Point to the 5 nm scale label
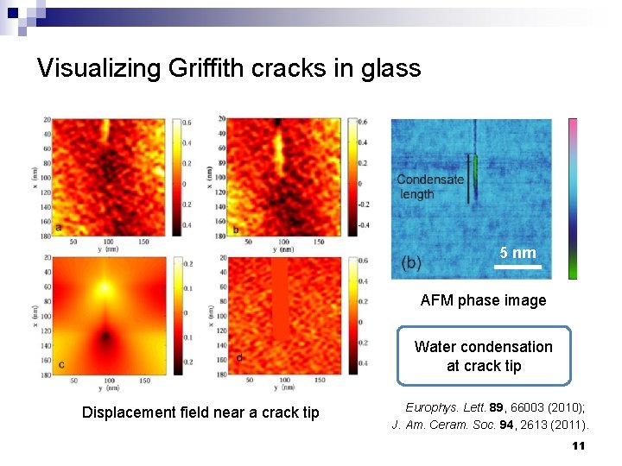[x=518, y=253]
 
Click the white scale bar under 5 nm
[x=518, y=268]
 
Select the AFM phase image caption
[x=483, y=300]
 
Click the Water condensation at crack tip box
[x=484, y=356]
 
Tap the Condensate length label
[x=429, y=186]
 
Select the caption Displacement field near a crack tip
[x=200, y=412]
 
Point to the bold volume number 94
[x=516, y=425]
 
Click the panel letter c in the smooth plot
[x=61, y=364]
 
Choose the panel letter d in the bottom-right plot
[x=238, y=358]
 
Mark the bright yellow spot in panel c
[x=104, y=288]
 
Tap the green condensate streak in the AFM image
[x=474, y=169]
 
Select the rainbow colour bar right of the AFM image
[x=572, y=198]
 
